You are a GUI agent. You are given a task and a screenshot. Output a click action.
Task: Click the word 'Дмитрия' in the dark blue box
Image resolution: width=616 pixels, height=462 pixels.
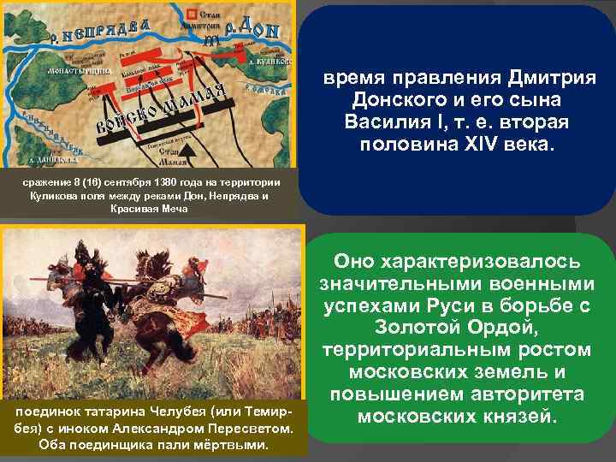pyautogui.click(x=547, y=79)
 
